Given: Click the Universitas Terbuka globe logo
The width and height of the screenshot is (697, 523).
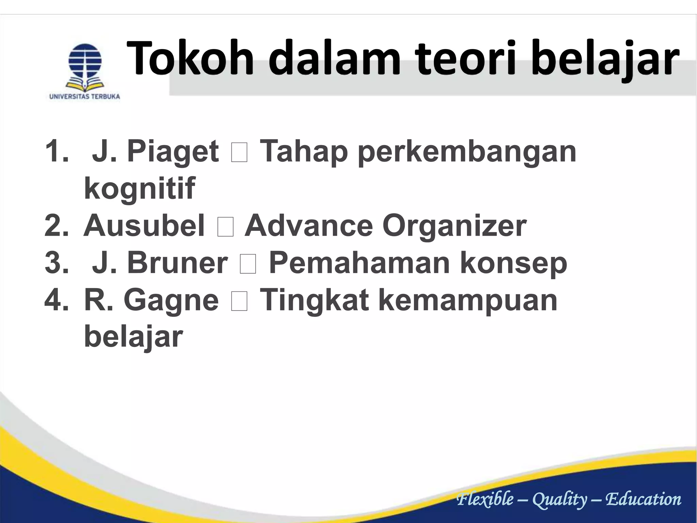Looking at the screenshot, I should [85, 66].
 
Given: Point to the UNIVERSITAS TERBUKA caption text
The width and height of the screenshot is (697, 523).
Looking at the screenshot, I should [85, 97].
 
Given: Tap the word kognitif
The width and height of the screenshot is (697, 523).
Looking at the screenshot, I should [139, 188].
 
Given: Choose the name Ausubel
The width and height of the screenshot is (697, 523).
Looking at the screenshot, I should [144, 226].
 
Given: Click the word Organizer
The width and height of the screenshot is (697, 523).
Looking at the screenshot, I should [454, 226].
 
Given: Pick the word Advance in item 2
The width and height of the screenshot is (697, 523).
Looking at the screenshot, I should [309, 226].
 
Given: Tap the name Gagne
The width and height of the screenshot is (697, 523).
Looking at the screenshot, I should [171, 300].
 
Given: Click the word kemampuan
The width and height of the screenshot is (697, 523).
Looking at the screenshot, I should [468, 300].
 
